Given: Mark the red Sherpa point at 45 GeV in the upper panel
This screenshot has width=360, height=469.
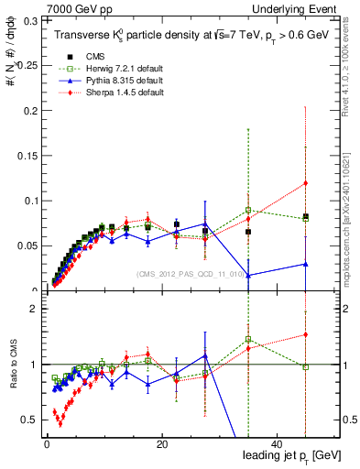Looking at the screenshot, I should tap(305, 183).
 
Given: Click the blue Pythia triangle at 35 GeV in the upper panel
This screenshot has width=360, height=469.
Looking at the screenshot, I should tap(248, 275).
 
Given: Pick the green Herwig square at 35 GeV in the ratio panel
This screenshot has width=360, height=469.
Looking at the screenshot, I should tap(248, 340).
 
